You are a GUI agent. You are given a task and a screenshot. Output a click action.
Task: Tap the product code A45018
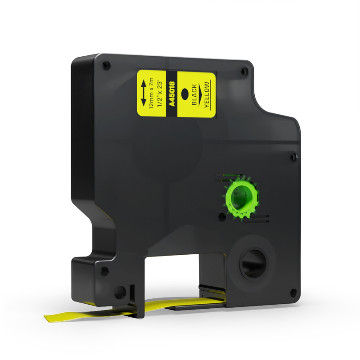point(172,94)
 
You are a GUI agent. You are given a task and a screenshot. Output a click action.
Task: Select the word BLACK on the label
point(194,94)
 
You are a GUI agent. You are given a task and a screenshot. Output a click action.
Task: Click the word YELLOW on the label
point(207,94)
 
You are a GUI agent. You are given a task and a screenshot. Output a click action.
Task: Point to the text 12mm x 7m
point(151,93)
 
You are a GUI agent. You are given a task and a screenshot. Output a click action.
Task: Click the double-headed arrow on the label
point(144,93)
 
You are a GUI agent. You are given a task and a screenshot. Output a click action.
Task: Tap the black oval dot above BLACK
point(185,94)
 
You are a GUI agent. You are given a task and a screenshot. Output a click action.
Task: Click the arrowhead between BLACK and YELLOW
point(200,94)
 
